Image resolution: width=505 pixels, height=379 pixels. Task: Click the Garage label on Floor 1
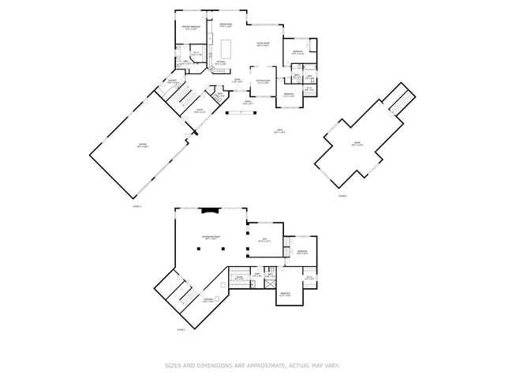pos(143,145)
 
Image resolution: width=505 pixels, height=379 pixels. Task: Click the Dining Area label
pos(225,25)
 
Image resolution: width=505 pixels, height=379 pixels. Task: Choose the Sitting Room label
pos(262,81)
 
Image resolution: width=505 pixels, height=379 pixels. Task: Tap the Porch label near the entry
pos(247,102)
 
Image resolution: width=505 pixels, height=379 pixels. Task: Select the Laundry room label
pos(170,81)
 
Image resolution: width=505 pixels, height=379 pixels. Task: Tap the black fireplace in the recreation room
pos(210,210)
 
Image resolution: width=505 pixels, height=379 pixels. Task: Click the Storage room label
pos(208,300)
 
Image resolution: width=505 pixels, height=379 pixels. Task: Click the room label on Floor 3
pos(357,144)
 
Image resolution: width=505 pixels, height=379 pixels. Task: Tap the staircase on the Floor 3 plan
pos(401,101)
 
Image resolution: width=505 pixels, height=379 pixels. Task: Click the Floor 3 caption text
pos(342,194)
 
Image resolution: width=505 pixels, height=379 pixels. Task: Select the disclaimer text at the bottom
pos(252,365)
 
